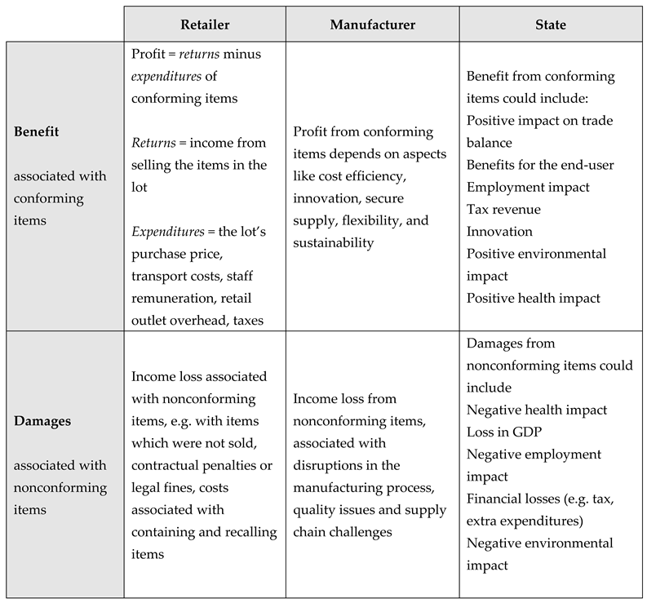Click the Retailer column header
204,24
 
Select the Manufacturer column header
372,24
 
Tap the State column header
552,24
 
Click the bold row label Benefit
37,131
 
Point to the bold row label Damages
42,422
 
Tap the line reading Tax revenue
503,210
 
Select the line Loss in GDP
500,432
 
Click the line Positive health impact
534,298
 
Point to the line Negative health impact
537,410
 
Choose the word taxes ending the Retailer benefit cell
246,321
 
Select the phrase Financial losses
509,499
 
